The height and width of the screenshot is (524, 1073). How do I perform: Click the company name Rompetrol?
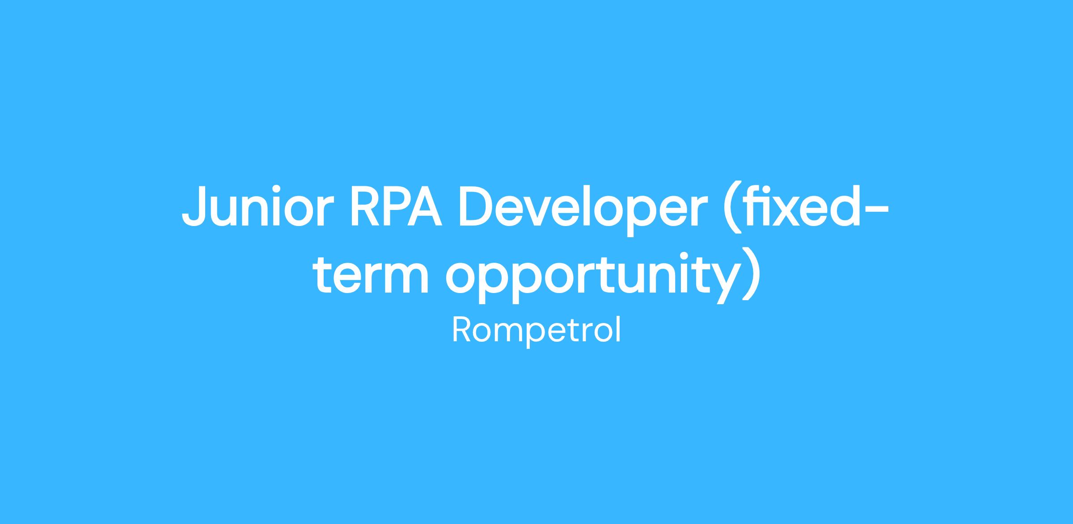point(536,331)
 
